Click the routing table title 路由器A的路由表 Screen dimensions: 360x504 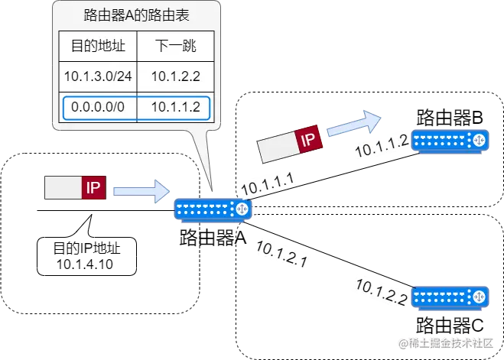137,16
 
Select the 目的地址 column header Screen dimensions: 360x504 98,47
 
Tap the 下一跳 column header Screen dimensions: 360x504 175,47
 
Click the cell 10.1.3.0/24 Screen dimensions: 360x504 98,76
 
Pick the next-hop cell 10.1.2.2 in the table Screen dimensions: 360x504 175,76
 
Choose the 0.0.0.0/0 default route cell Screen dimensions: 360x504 98,108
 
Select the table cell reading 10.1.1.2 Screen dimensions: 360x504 175,108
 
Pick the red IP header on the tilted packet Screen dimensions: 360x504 307,140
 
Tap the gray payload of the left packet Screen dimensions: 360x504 63,188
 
